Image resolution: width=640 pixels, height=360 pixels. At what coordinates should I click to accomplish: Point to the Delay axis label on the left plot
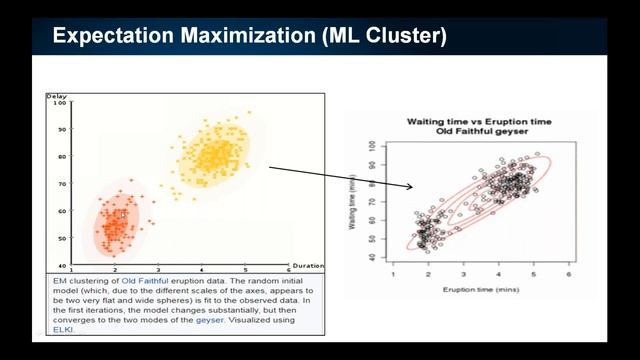tap(56, 96)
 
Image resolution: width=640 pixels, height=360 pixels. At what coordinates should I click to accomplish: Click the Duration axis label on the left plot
tap(308, 266)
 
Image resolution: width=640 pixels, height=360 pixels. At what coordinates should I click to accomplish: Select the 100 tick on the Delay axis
tap(59, 103)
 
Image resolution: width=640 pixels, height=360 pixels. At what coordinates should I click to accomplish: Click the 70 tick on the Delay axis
tap(61, 184)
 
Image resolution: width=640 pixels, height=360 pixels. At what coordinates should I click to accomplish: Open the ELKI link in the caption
tap(64, 327)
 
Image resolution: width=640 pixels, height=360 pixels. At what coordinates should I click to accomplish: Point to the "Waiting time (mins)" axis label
tap(354, 200)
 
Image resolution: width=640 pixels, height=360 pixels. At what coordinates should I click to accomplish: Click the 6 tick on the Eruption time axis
tap(568, 273)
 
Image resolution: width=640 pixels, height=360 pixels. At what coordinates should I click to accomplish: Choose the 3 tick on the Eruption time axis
tap(463, 273)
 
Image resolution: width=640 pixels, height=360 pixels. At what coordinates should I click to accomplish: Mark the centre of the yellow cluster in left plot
tap(213, 155)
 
